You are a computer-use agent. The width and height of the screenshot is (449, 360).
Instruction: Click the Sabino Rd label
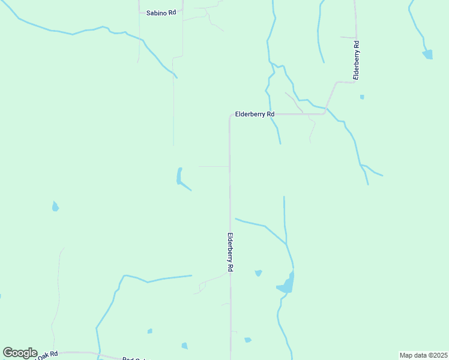pos(161,12)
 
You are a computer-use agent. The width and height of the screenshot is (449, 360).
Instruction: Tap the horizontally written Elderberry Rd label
pos(255,114)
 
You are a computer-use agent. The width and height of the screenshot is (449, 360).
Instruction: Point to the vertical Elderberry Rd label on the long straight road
pos(230,253)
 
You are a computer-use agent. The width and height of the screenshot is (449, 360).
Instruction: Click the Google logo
pos(20,353)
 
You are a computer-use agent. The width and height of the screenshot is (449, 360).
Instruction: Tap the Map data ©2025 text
pos(423,355)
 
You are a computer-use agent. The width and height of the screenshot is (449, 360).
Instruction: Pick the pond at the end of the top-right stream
pos(428,55)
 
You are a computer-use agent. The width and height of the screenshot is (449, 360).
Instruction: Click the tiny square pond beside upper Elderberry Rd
pos(362,97)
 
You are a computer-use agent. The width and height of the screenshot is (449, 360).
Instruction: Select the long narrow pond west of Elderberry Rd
pos(179,176)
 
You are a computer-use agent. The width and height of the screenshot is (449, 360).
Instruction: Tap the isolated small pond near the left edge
pos(55,207)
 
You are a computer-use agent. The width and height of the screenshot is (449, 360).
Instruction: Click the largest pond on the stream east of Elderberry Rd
pos(287,284)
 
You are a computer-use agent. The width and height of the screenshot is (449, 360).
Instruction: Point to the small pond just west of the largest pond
pos(258,273)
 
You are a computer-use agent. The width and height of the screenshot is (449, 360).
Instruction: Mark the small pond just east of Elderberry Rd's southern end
pos(247,340)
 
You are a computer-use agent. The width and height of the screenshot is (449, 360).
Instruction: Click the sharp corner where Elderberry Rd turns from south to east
pos(230,115)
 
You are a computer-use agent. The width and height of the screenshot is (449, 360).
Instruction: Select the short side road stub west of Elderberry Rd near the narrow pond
pos(213,166)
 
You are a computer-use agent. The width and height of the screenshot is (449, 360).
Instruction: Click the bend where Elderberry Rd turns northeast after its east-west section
pos(326,111)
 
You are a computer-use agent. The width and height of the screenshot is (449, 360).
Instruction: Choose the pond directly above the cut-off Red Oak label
pos(149,331)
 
